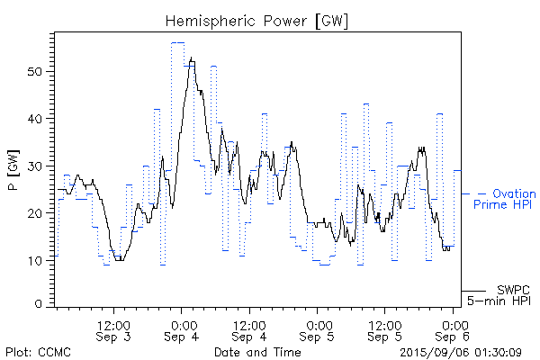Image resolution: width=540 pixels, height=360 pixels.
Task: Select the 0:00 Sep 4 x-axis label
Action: click(183, 330)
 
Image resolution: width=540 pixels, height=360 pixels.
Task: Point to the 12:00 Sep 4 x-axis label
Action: click(249, 330)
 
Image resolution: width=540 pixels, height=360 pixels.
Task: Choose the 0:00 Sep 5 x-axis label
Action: click(318, 330)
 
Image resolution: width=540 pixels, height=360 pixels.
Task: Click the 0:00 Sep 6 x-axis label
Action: click(453, 330)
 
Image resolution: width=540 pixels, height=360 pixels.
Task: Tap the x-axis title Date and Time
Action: click(257, 352)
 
